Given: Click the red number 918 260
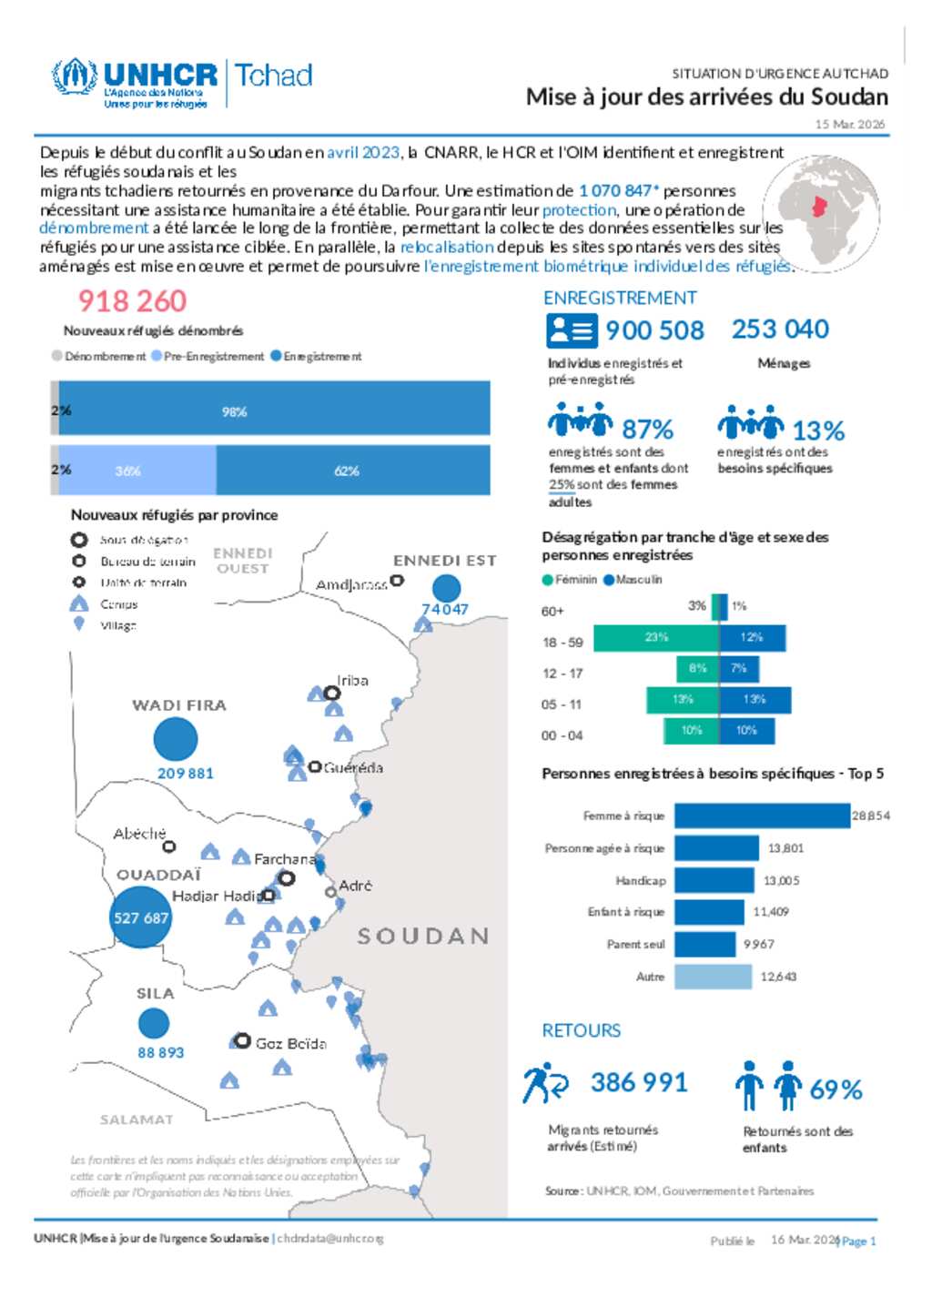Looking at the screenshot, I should coord(132,300).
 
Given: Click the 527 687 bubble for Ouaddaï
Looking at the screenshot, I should coord(140,917).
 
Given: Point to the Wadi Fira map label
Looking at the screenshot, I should coord(179,705).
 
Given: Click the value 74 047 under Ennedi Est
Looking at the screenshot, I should coord(445,610).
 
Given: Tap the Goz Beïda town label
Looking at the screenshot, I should coord(290,1043).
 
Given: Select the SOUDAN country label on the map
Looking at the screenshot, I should coord(423,936).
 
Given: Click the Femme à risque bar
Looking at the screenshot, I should coord(762,816).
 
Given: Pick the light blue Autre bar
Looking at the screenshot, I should coord(713,976).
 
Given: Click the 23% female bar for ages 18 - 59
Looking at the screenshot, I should coord(655,638).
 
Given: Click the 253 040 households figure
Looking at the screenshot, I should coord(780,329).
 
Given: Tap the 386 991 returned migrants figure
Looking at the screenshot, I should coord(639,1082).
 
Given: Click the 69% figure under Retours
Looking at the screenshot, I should coord(836,1089).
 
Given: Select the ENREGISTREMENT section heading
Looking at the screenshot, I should coord(620,298).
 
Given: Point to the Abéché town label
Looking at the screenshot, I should coord(139,834).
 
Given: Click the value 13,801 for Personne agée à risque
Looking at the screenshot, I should coord(785,848).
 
